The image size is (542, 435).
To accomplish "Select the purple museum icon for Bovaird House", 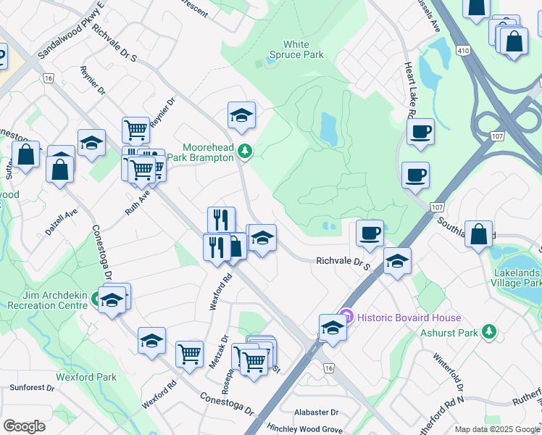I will coord(346,317).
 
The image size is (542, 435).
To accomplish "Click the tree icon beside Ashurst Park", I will coord(490,332).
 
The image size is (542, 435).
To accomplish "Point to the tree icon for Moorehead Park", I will coord(246,151).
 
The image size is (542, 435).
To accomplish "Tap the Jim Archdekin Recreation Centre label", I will coord(47,299).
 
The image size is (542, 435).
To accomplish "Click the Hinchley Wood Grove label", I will coord(304,429).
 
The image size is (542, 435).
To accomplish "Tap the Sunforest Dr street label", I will coord(32,388).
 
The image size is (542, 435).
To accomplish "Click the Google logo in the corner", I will coord(24,426).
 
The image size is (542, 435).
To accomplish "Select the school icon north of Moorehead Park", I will coord(241,115).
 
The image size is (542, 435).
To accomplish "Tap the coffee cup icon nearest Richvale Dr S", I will coord(370,233).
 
